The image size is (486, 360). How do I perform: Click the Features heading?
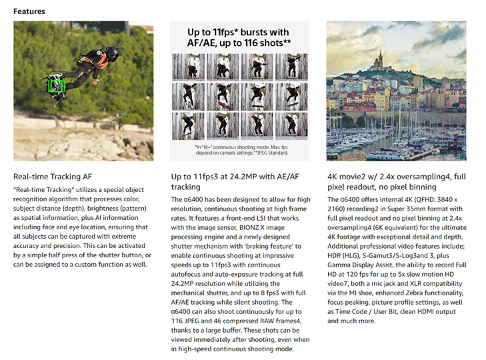tap(29, 11)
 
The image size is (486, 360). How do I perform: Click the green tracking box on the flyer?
tap(55, 85)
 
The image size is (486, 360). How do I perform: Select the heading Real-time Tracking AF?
tap(53, 177)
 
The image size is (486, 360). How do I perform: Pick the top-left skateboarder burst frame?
tap(188, 67)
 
